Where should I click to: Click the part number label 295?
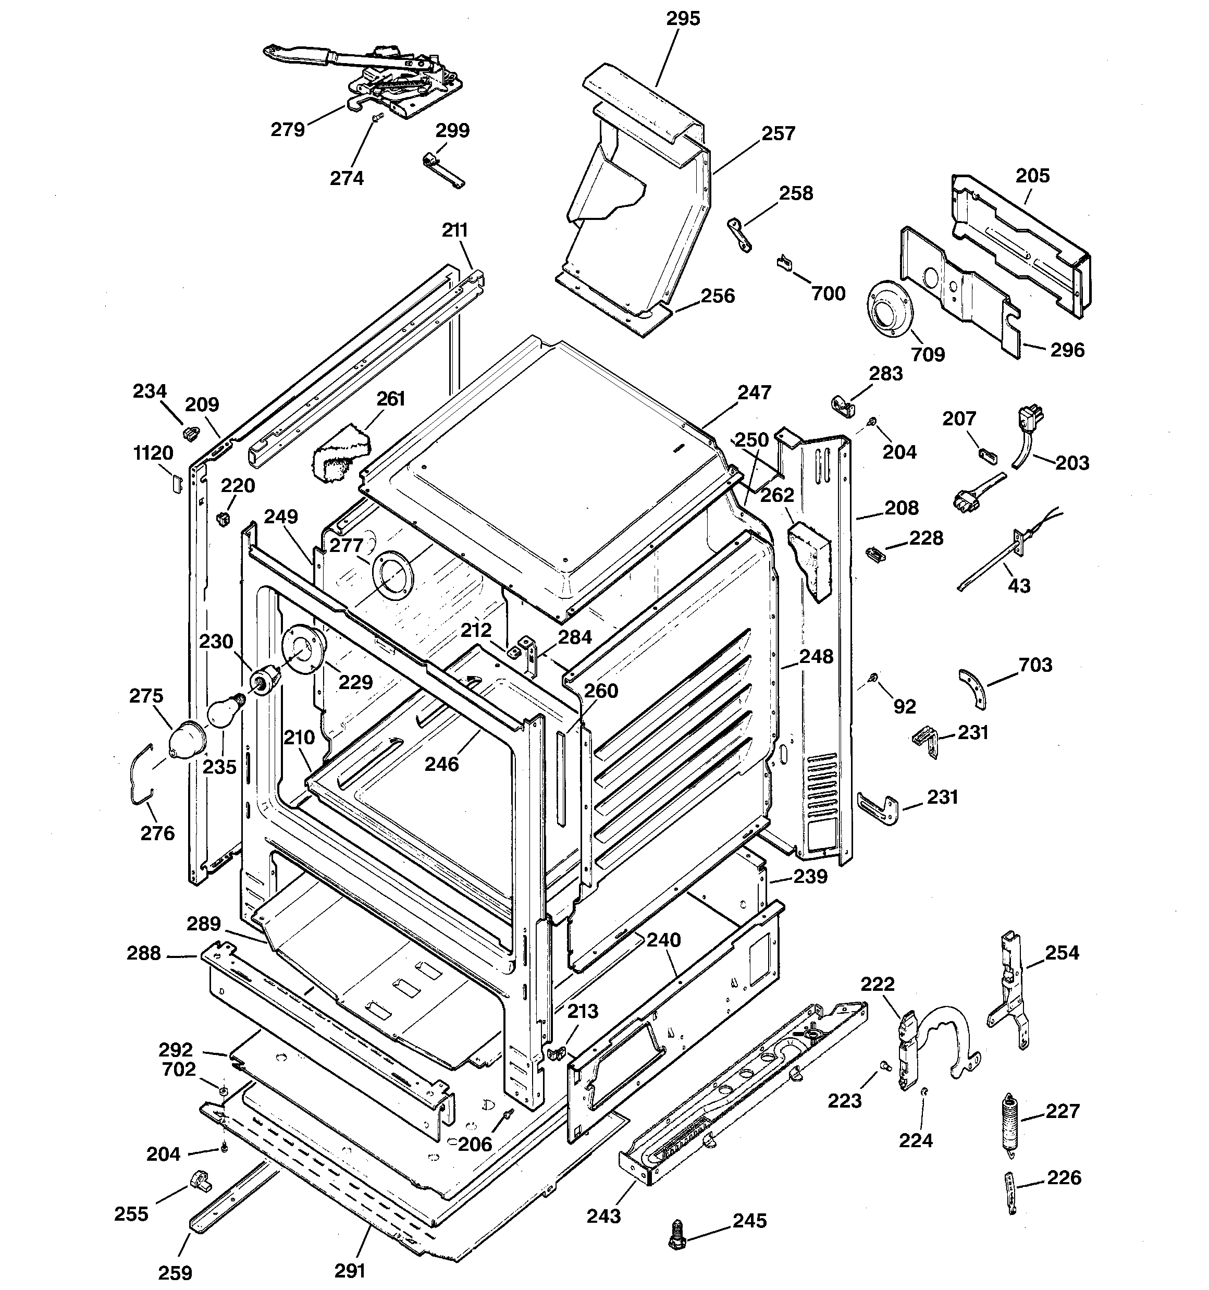(x=683, y=19)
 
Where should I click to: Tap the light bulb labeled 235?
(x=223, y=711)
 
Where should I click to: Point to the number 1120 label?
(x=153, y=453)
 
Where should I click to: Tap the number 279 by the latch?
(x=288, y=130)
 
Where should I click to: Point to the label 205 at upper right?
(x=1032, y=176)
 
